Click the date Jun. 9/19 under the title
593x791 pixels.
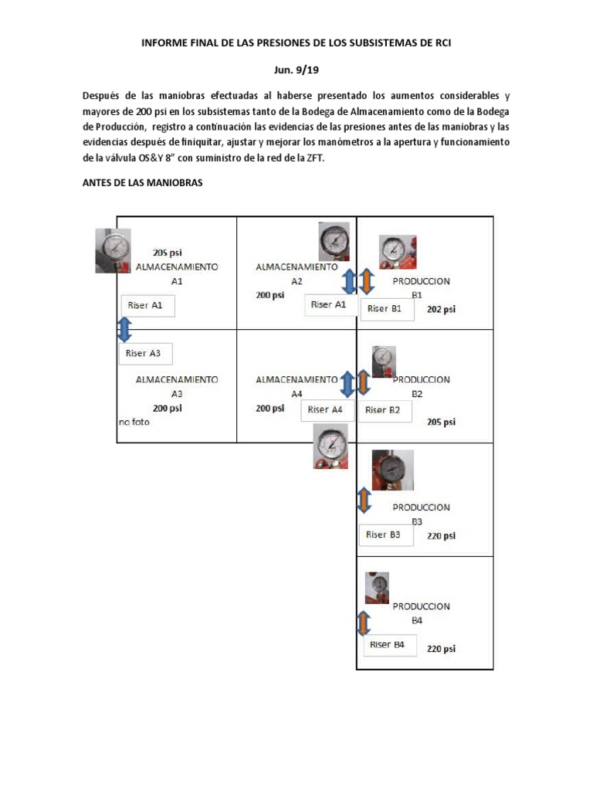coord(296,70)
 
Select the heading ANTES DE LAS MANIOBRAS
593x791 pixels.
coord(142,184)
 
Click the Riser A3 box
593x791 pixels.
coord(145,354)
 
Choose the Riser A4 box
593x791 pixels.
coord(327,410)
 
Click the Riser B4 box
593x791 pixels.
coord(390,645)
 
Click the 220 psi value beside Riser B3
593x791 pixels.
coord(441,535)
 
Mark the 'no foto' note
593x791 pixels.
coord(134,423)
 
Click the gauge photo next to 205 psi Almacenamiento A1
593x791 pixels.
coord(114,250)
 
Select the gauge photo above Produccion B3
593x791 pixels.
coord(392,470)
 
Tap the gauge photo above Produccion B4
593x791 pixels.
coord(377,588)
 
